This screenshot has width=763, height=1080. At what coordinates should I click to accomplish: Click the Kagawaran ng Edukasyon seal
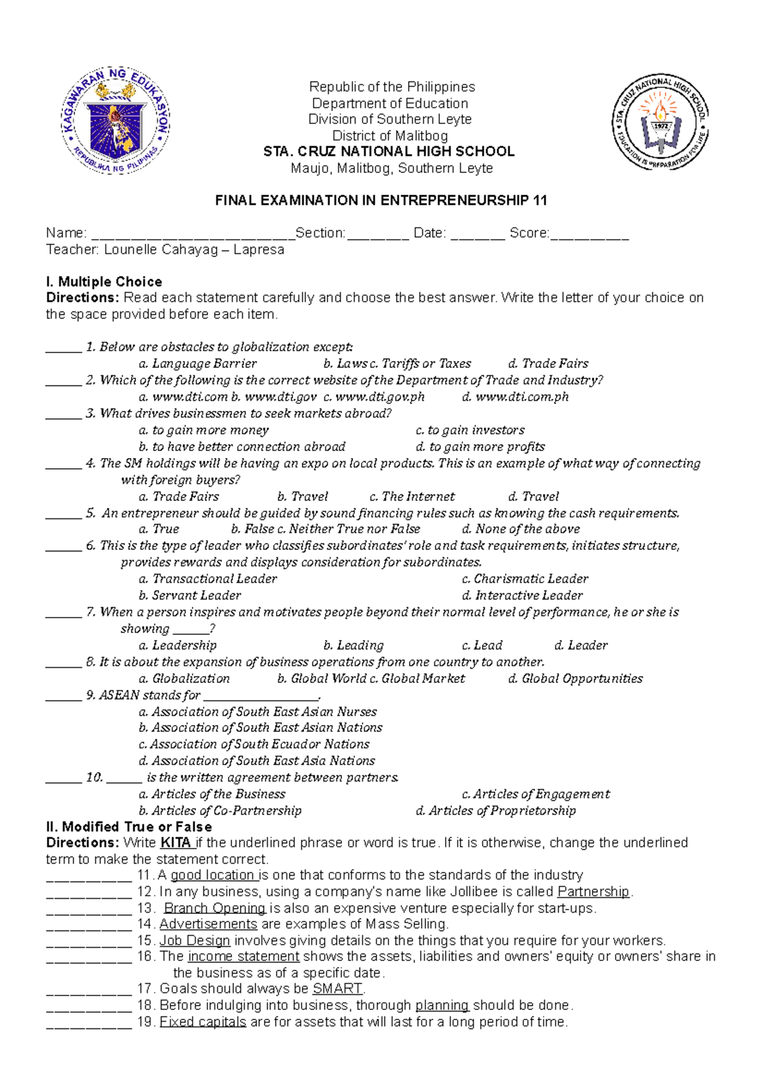coord(116,121)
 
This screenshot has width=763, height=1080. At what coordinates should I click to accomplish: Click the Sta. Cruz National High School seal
coord(661,121)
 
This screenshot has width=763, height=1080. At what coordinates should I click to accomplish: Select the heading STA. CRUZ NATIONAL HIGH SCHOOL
coord(389,151)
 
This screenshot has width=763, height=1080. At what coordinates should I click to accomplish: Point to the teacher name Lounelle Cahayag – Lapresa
coord(194,249)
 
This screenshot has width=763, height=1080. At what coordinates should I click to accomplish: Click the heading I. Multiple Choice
coord(104,282)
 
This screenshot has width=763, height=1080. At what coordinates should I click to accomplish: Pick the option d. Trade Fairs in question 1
coord(548,364)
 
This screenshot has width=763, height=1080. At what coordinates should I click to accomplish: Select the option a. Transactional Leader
coord(208,579)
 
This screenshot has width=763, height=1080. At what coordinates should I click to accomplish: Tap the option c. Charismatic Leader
coord(525,579)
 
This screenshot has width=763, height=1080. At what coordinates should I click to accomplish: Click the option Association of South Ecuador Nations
coord(254,744)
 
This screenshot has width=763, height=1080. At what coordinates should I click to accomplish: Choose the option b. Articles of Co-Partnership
coord(220,811)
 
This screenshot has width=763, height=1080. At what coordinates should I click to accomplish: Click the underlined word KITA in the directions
coord(177,843)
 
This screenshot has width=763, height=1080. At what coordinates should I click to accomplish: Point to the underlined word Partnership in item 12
coord(593,892)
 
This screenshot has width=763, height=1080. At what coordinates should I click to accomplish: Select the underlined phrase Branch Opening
coord(215,908)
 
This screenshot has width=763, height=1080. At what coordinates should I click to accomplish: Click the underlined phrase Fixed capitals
coord(202,1022)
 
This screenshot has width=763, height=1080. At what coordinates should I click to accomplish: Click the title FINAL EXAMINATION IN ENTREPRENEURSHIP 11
coord(381,200)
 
